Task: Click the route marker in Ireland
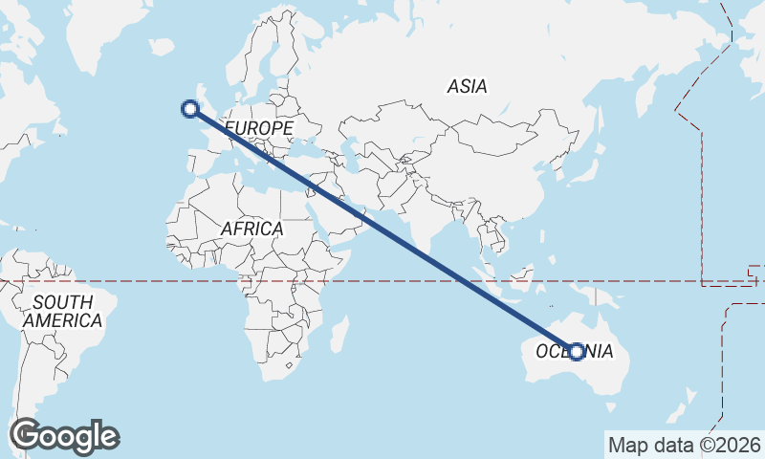click(189, 109)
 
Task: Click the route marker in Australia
click(577, 352)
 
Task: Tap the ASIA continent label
click(467, 87)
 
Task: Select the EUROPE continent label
click(258, 128)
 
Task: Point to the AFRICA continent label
click(251, 229)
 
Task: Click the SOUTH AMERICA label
click(62, 312)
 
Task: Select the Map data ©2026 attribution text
click(685, 445)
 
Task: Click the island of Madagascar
click(338, 332)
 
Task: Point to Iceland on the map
click(162, 46)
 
